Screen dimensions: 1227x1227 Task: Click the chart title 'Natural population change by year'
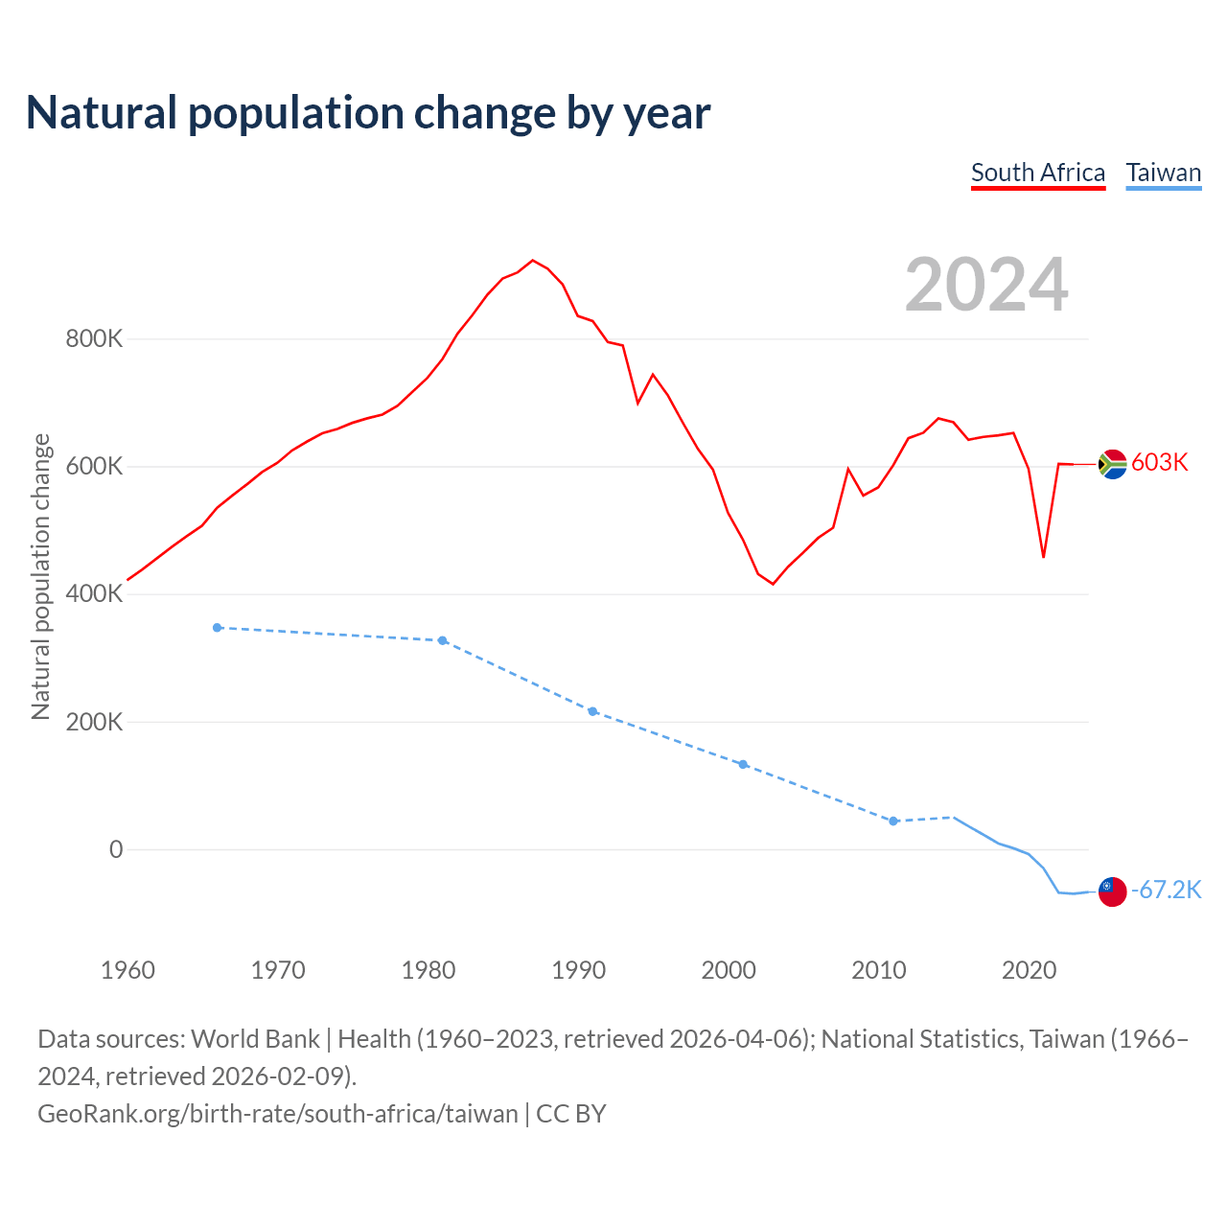(x=368, y=113)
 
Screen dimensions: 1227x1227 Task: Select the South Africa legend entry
(x=1038, y=173)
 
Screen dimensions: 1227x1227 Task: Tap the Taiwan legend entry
(x=1164, y=173)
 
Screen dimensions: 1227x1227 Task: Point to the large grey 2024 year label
(x=986, y=285)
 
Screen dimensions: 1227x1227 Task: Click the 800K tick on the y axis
(x=94, y=339)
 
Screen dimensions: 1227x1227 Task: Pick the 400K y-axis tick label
(x=94, y=594)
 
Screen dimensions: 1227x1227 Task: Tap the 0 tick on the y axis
(x=116, y=849)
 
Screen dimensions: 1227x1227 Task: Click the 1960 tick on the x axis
(x=127, y=970)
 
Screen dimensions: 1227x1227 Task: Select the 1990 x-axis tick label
(x=579, y=970)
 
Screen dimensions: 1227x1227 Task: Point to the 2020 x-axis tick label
(x=1030, y=970)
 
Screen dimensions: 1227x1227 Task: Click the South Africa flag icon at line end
(x=1112, y=464)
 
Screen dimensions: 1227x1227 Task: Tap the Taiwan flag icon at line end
(x=1112, y=891)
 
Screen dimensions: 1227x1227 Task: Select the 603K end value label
(x=1160, y=463)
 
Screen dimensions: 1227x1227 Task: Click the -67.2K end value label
(x=1167, y=891)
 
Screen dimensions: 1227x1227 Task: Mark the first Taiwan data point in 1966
(x=218, y=628)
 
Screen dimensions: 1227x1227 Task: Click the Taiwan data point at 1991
(x=592, y=711)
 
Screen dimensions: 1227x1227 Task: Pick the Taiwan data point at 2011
(x=893, y=822)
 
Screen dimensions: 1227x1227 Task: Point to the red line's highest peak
(x=533, y=261)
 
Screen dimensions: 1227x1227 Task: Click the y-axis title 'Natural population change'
(x=40, y=576)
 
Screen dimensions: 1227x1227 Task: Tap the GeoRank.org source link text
(x=278, y=1114)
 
